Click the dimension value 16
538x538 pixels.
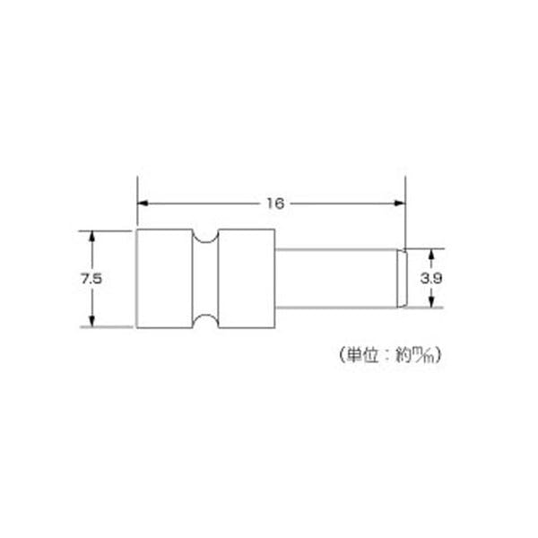pyautogui.click(x=275, y=204)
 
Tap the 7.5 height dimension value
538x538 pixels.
pyautogui.click(x=91, y=278)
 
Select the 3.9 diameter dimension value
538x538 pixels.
pyautogui.click(x=431, y=278)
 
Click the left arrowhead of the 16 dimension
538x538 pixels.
pyautogui.click(x=143, y=204)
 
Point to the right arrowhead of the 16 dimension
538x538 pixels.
pyautogui.click(x=400, y=204)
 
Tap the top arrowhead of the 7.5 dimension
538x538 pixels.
pyautogui.click(x=91, y=237)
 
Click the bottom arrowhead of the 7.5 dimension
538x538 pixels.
pyautogui.click(x=91, y=321)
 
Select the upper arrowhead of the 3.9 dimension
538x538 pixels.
pyautogui.click(x=431, y=255)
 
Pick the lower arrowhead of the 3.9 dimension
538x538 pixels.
pyautogui.click(x=431, y=302)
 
